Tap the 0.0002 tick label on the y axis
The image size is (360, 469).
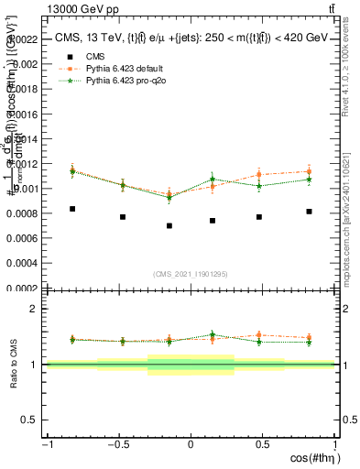click(23, 288)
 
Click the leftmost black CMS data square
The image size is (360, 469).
click(72, 209)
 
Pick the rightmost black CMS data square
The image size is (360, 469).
click(309, 212)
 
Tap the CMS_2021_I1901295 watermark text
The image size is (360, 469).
click(191, 274)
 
